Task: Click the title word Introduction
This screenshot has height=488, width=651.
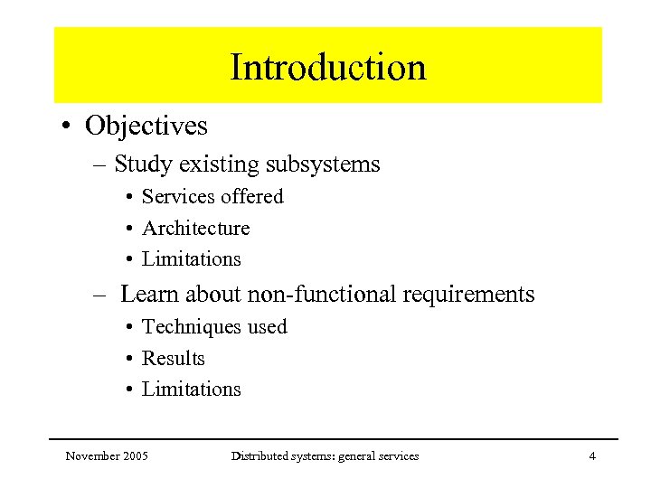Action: pos(327,68)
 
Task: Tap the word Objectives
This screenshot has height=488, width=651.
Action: pos(146,126)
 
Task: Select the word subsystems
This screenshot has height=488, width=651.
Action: pos(323,164)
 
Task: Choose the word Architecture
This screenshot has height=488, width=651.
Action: pos(195,228)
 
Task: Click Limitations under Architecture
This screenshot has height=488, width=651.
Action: pos(192,259)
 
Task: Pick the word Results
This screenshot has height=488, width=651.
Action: pos(174,359)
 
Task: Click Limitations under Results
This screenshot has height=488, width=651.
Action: pos(192,389)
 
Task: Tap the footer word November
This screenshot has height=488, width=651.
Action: pos(93,456)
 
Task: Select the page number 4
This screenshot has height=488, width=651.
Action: pos(592,456)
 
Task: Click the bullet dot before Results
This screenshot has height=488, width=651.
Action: pos(131,360)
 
